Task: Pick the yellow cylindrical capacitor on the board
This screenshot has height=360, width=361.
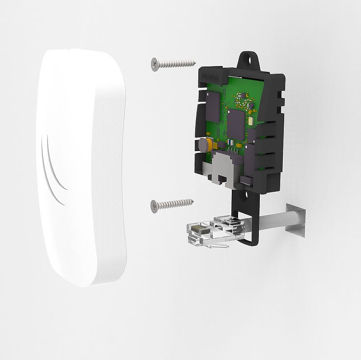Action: coord(203,145)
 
